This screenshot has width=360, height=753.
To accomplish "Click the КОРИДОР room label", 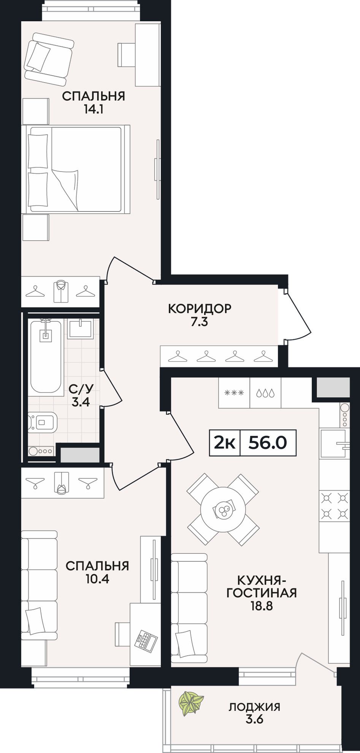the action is pos(200,308).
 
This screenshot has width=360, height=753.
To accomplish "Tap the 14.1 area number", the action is pos(94,110).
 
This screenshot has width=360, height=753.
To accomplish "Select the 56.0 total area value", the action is pos(267,443).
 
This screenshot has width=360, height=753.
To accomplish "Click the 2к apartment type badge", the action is pos(225,443).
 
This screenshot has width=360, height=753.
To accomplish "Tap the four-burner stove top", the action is pos(334,505).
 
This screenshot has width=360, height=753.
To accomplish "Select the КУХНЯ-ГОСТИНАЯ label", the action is pos(262,586).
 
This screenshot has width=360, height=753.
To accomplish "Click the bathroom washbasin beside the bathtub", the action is pos(80,329).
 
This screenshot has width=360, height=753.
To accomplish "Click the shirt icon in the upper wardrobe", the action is pos(60,291).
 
